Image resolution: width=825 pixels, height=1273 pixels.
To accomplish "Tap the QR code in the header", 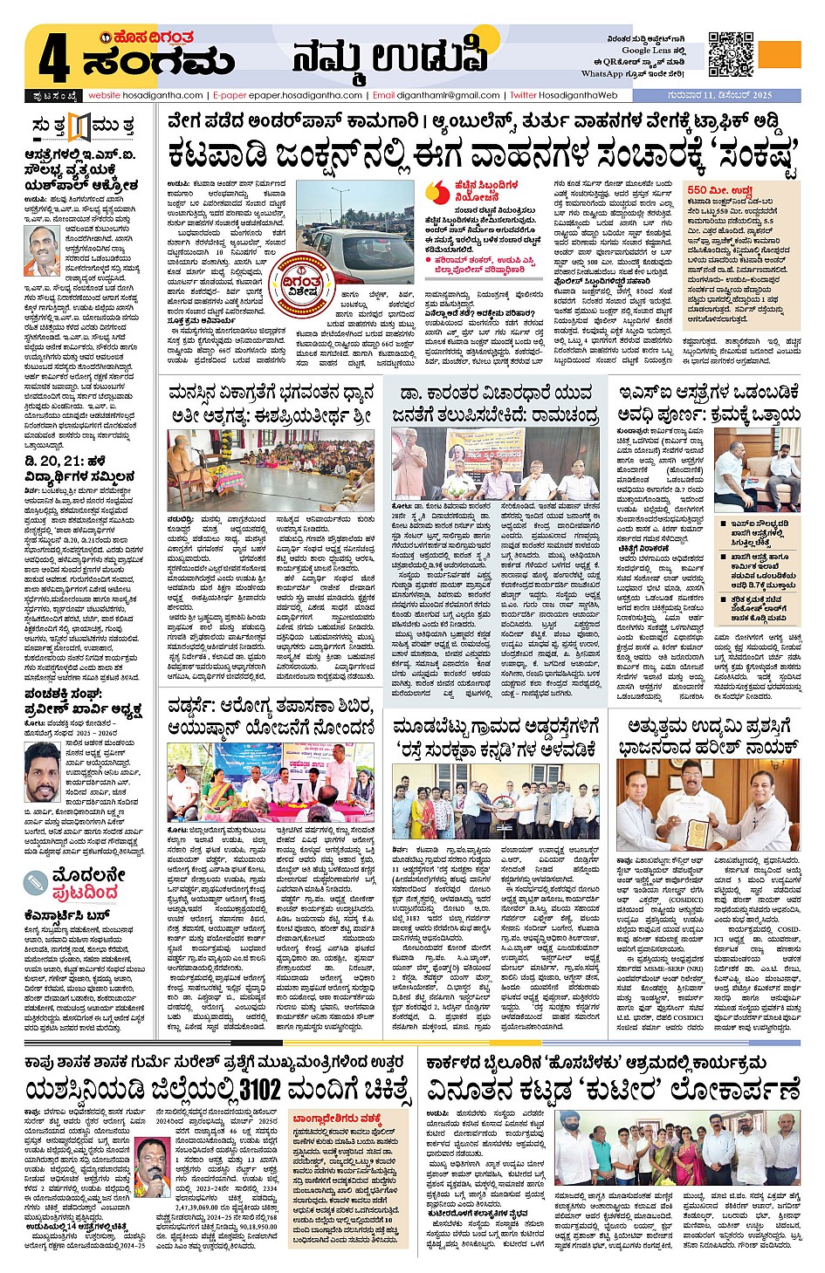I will tap(731, 55).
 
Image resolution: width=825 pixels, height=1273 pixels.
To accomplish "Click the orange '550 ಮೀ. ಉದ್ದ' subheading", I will tap(719, 189).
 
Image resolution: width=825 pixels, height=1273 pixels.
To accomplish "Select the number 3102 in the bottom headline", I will tap(260, 1090).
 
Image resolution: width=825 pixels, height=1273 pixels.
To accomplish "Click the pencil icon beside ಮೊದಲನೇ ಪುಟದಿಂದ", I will tap(36, 883).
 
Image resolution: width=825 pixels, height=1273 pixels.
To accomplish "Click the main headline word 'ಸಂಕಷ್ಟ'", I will tap(747, 157).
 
